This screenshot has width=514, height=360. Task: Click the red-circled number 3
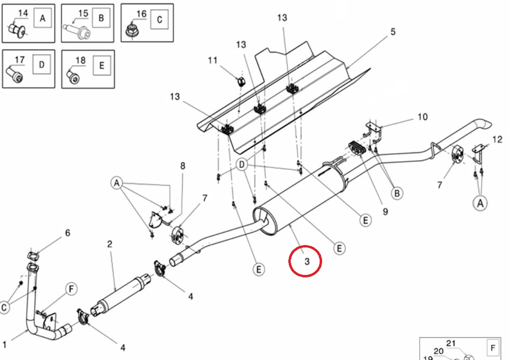click(x=306, y=261)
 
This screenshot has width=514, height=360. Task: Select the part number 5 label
click(x=393, y=32)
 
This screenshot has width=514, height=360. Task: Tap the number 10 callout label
click(x=422, y=116)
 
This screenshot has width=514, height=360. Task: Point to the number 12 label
click(x=497, y=140)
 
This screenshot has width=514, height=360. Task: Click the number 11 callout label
click(x=212, y=60)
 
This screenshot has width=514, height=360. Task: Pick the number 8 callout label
click(x=182, y=166)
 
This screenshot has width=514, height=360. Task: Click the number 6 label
click(x=67, y=233)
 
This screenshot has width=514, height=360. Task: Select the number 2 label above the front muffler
click(x=110, y=244)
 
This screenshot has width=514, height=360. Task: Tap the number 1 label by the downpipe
click(x=5, y=344)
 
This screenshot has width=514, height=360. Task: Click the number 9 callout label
click(x=385, y=211)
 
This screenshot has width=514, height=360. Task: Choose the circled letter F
click(x=71, y=289)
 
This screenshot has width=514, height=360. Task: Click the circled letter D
click(x=242, y=165)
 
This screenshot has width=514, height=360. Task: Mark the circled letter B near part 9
click(x=397, y=193)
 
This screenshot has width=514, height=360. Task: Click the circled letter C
click(x=4, y=308)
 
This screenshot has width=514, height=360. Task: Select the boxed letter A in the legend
click(x=43, y=19)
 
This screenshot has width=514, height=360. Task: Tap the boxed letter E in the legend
click(x=101, y=66)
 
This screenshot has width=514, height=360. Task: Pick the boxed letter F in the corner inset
click(x=493, y=349)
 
